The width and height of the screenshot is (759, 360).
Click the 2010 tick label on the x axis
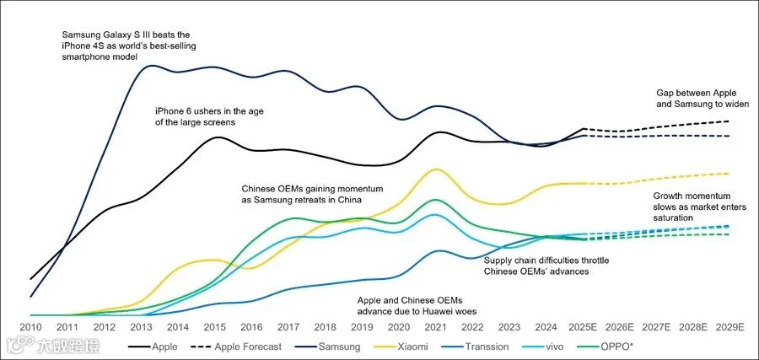coord(30,327)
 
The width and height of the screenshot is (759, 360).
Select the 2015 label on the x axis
coord(216,327)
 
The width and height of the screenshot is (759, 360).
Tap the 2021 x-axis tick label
coord(435,327)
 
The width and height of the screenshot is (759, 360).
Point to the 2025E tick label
coord(584,327)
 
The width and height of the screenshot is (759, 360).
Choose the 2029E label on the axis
coord(729,327)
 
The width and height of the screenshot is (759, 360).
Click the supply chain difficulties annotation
coord(546,266)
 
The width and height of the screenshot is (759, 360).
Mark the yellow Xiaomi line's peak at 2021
coord(435,169)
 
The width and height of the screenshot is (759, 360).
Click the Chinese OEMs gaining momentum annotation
coord(301,194)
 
